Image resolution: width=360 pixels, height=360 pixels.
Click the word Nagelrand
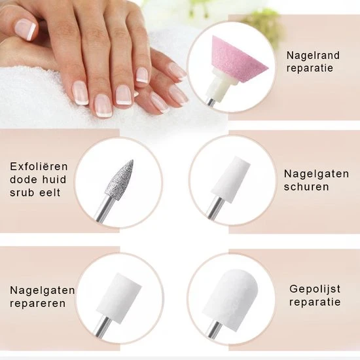pyautogui.click(x=313, y=56)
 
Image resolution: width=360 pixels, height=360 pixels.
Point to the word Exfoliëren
pyautogui.click(x=39, y=166)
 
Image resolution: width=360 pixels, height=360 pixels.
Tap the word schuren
pyautogui.click(x=306, y=187)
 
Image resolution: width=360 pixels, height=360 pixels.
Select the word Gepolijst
pyautogui.click(x=315, y=289)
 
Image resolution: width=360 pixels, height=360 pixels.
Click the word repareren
pyautogui.click(x=38, y=304)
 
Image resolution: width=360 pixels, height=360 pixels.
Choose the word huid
pyautogui.click(x=56, y=179)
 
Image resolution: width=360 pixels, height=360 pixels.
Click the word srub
pyautogui.click(x=22, y=192)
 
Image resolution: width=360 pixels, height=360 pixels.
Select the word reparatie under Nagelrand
pyautogui.click(x=310, y=68)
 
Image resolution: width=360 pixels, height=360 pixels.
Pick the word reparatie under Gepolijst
pyautogui.click(x=315, y=302)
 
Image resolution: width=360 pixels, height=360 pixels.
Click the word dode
pyautogui.click(x=24, y=179)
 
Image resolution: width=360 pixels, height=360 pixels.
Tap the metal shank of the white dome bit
pyautogui.click(x=214, y=331)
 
